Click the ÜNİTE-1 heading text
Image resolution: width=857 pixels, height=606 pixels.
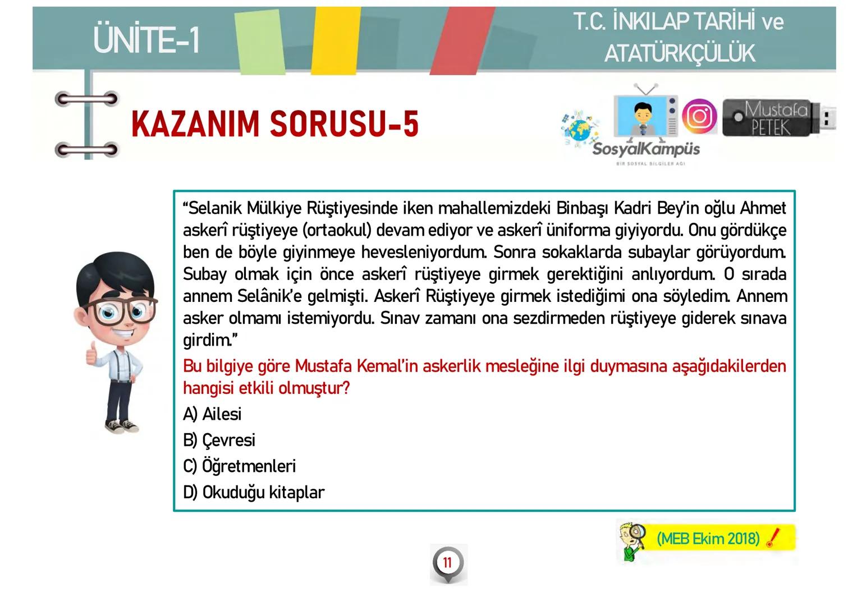click(146, 40)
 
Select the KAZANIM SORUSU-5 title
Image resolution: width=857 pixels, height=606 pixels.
click(275, 124)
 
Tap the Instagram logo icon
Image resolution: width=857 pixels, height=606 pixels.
click(699, 116)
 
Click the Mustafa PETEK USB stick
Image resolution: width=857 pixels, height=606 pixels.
click(777, 118)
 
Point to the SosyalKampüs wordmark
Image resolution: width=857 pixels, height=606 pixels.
click(646, 149)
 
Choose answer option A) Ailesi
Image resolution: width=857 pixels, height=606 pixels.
click(212, 414)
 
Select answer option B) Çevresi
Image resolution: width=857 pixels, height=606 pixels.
click(219, 440)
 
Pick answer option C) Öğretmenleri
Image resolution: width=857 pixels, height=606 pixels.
click(239, 466)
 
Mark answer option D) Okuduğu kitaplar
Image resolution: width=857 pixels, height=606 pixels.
click(254, 492)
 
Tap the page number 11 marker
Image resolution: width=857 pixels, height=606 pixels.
click(447, 563)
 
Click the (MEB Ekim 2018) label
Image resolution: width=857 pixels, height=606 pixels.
click(708, 539)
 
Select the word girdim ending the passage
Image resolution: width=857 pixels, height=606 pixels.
click(205, 340)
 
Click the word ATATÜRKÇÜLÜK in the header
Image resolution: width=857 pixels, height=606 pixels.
click(680, 54)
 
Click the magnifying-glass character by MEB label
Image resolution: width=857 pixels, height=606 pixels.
click(633, 540)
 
